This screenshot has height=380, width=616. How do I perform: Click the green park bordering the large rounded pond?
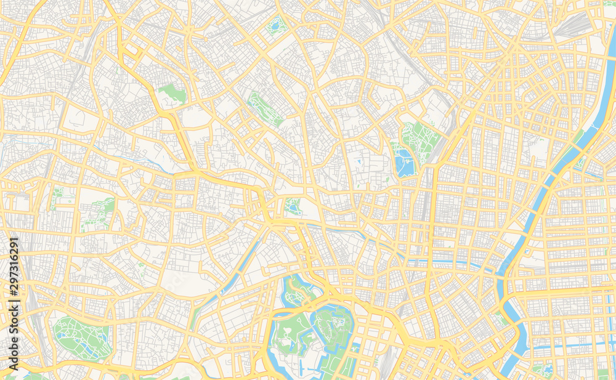419,139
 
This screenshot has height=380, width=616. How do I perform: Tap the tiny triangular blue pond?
359,162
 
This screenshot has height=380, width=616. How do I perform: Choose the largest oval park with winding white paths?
81,337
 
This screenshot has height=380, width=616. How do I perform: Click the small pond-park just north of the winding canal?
293,206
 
